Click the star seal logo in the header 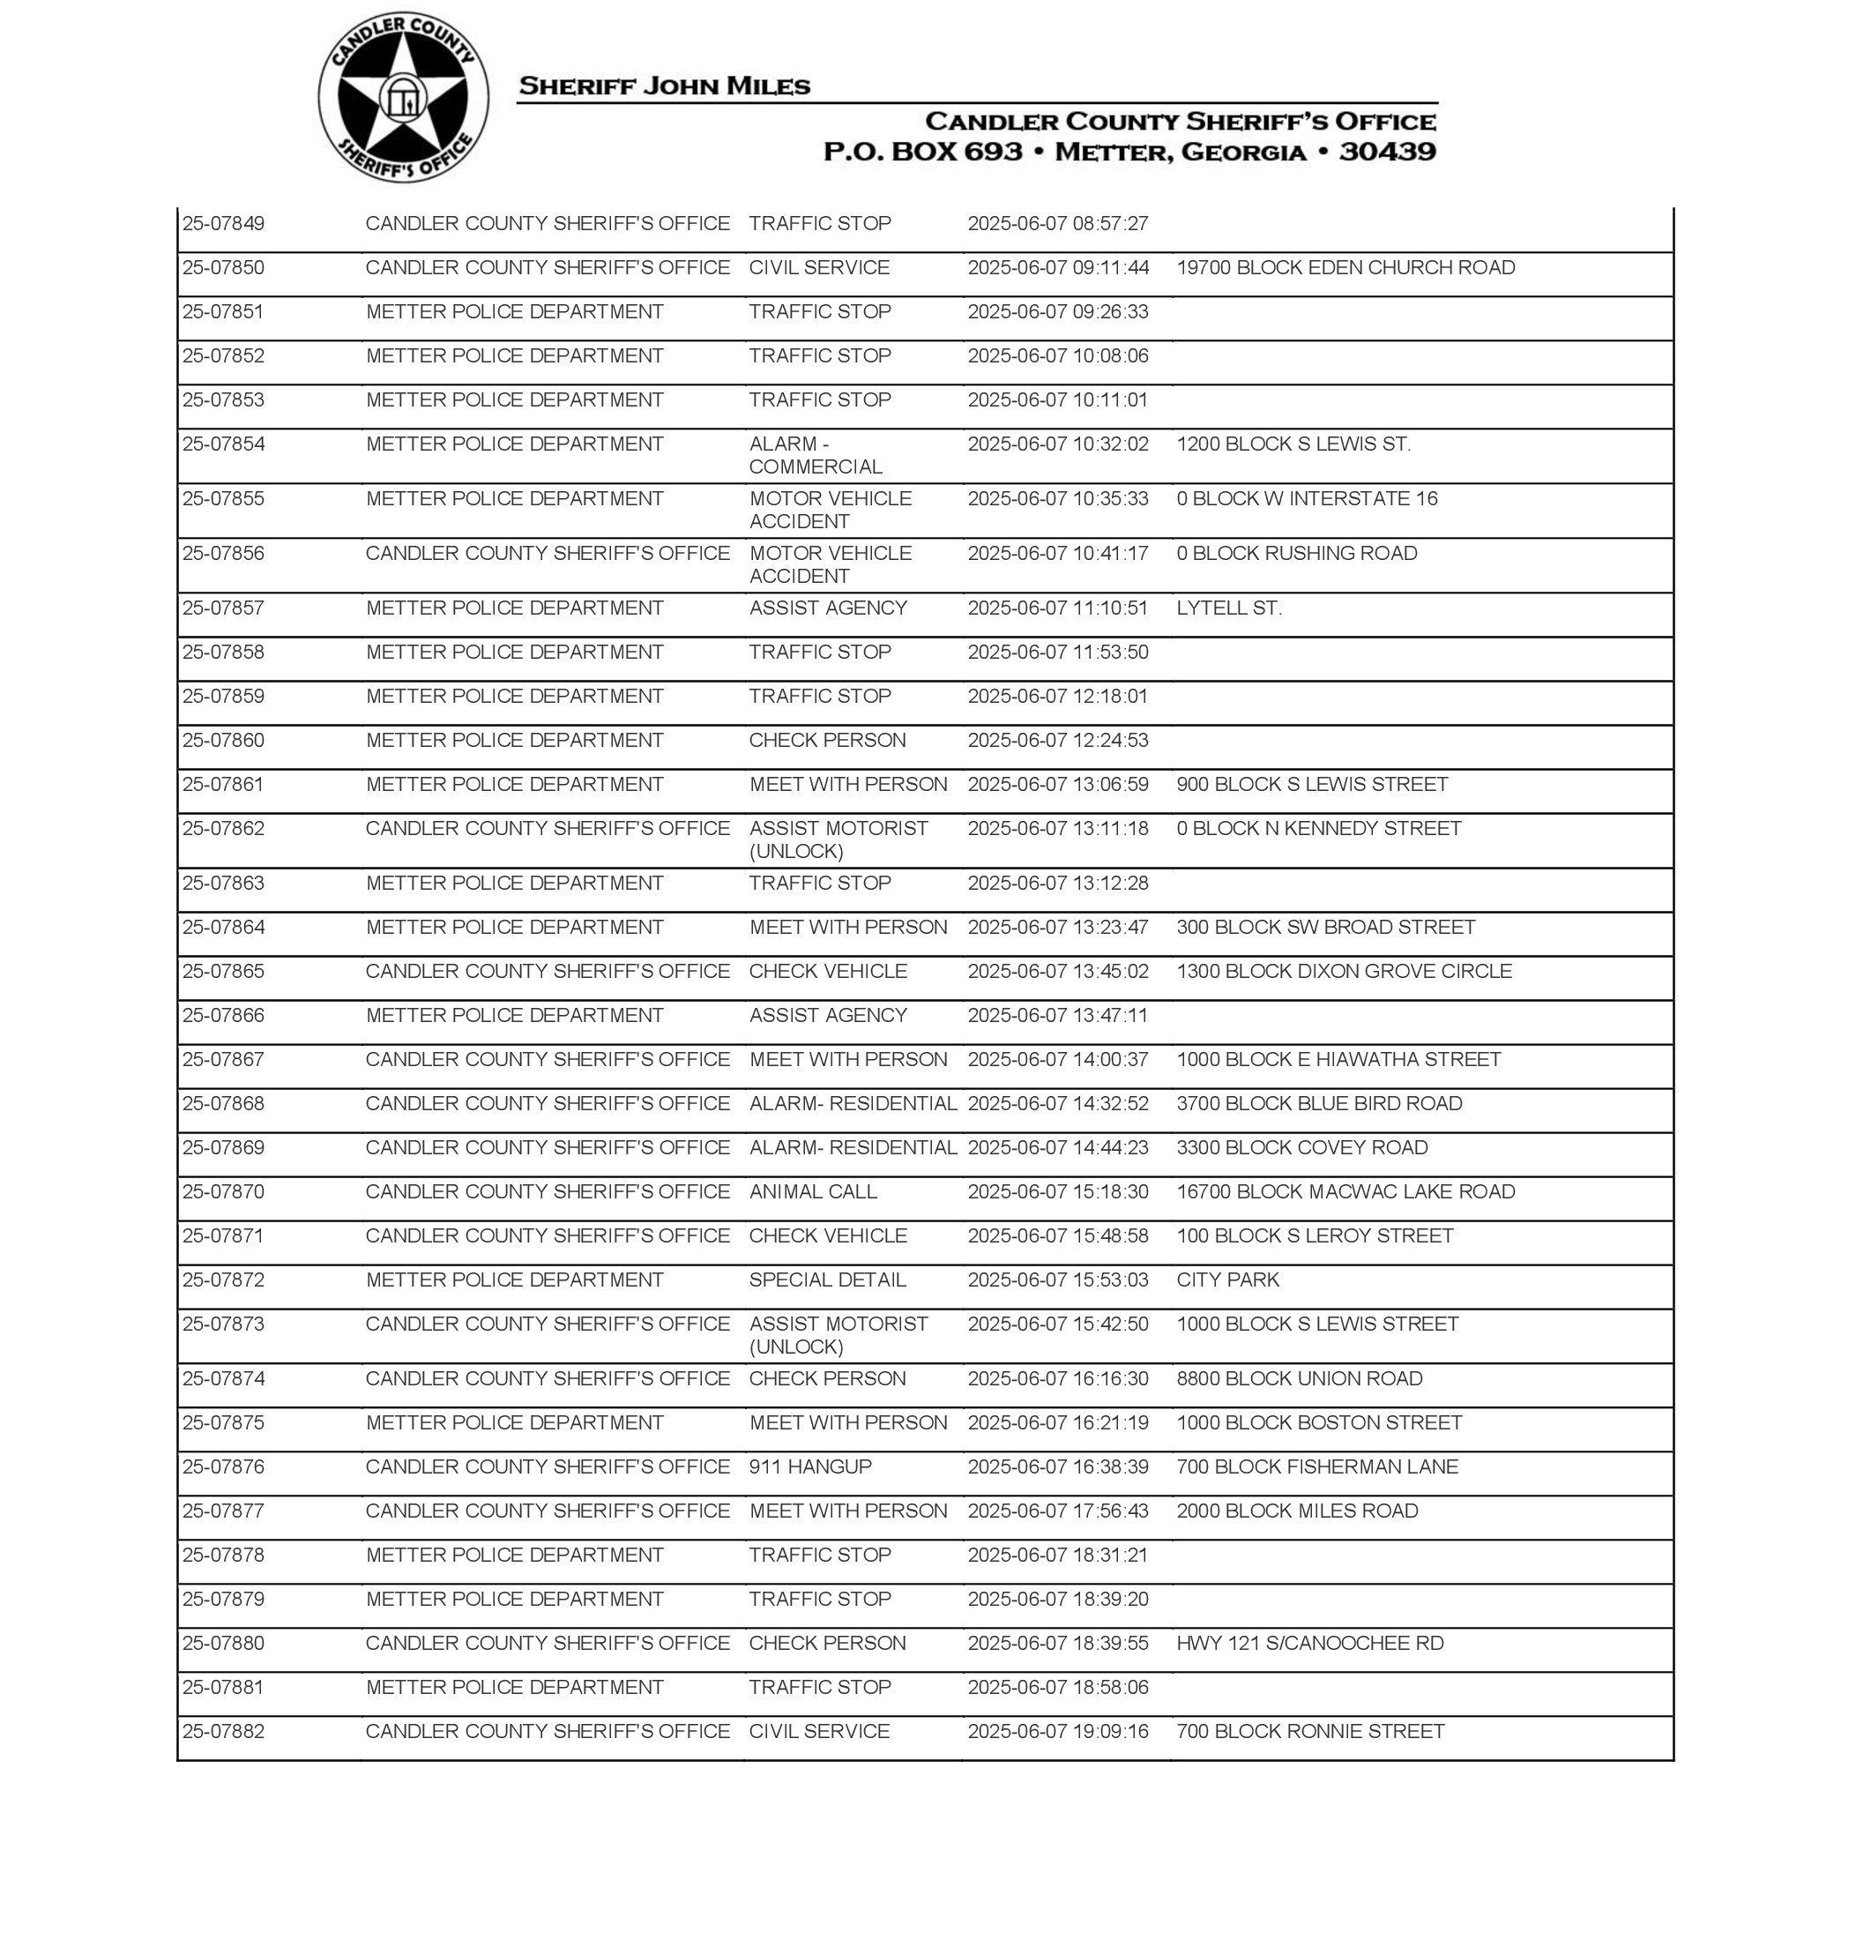pos(403,98)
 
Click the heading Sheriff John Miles pos(664,86)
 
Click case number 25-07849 pos(224,224)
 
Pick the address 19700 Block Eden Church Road pos(1345,268)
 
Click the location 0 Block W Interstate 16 pos(1306,498)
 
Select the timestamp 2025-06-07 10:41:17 pos(1057,553)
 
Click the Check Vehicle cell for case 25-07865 pos(827,972)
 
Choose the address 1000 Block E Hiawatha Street pos(1338,1060)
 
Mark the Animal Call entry pos(812,1192)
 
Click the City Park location pos(1226,1280)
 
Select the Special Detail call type pos(827,1280)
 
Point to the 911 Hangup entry pos(809,1467)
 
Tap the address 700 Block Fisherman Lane pos(1316,1467)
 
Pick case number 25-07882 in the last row pos(224,1731)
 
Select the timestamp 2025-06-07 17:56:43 pos(1057,1511)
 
